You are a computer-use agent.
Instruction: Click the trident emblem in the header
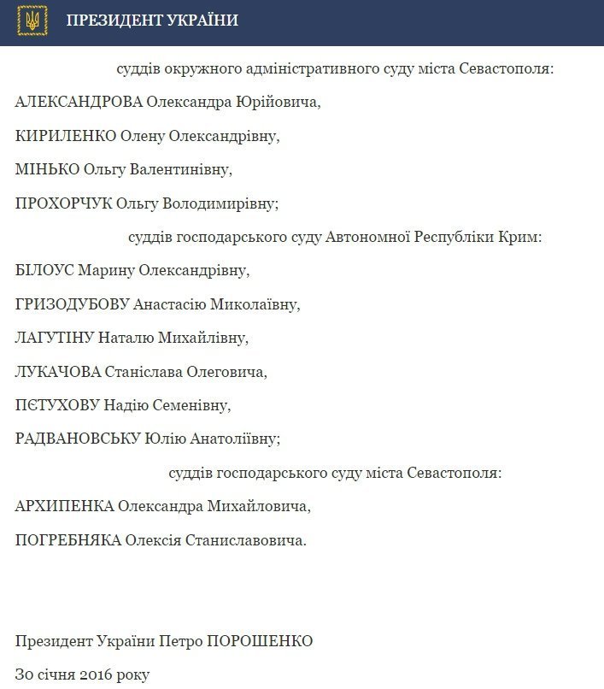(x=32, y=21)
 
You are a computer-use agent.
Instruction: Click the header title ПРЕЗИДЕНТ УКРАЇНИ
(x=152, y=21)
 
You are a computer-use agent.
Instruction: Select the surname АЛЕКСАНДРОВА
(x=79, y=103)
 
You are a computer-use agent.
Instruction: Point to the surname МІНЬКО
(x=47, y=169)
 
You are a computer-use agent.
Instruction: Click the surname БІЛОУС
(x=44, y=270)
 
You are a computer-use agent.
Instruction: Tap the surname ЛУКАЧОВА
(x=58, y=371)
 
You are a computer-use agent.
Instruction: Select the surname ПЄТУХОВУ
(x=59, y=404)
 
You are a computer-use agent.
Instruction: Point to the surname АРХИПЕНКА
(x=64, y=506)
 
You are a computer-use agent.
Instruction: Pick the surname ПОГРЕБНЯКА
(x=68, y=539)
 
